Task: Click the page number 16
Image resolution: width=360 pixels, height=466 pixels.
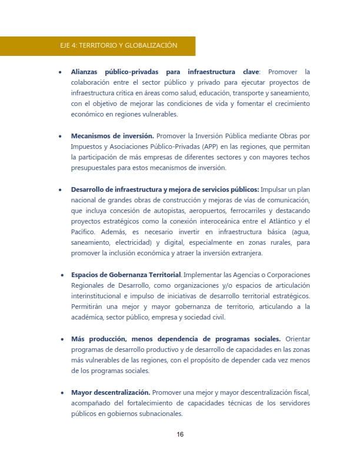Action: click(x=180, y=435)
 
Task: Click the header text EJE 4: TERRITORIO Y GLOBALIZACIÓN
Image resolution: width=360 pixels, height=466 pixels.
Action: click(x=119, y=45)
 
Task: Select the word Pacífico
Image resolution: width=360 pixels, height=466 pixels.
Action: click(x=84, y=232)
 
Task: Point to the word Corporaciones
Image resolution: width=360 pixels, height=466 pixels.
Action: click(x=282, y=275)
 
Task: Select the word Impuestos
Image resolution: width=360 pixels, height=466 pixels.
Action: click(x=88, y=147)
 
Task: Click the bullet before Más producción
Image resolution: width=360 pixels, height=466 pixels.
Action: click(x=62, y=339)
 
